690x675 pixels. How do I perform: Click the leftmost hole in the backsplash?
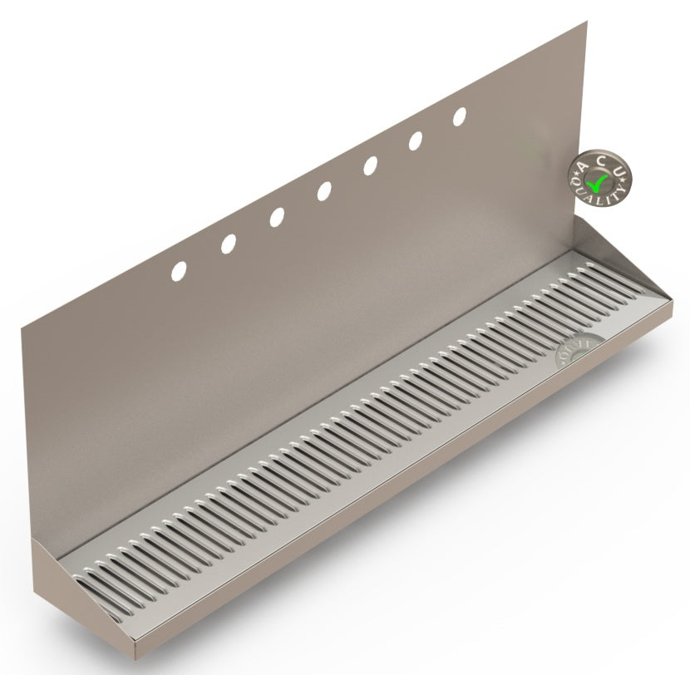pos(179,270)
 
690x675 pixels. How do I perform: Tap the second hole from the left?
pos(228,243)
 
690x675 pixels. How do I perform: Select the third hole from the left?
pos(276,216)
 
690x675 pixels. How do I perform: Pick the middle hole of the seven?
pos(323,191)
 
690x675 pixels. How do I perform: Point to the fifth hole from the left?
pos(370,166)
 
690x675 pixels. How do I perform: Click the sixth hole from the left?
pos(415,141)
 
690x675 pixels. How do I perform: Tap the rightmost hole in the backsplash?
pos(459,117)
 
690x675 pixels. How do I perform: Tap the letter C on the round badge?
pos(601,156)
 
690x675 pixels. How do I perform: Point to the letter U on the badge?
pos(619,168)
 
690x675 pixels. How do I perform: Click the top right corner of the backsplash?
pos(586,23)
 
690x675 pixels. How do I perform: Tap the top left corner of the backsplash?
pos(23,330)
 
